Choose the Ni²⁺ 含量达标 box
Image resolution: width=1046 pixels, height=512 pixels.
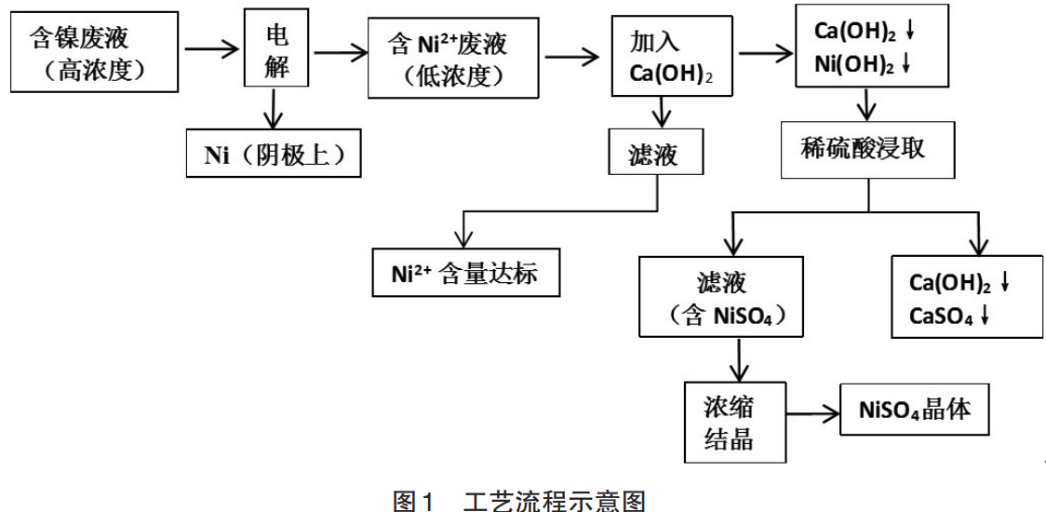click(x=465, y=274)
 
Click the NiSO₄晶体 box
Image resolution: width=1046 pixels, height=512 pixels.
click(x=915, y=410)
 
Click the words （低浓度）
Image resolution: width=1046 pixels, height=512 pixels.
click(x=453, y=74)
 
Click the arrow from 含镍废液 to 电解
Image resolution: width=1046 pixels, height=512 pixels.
click(x=211, y=47)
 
